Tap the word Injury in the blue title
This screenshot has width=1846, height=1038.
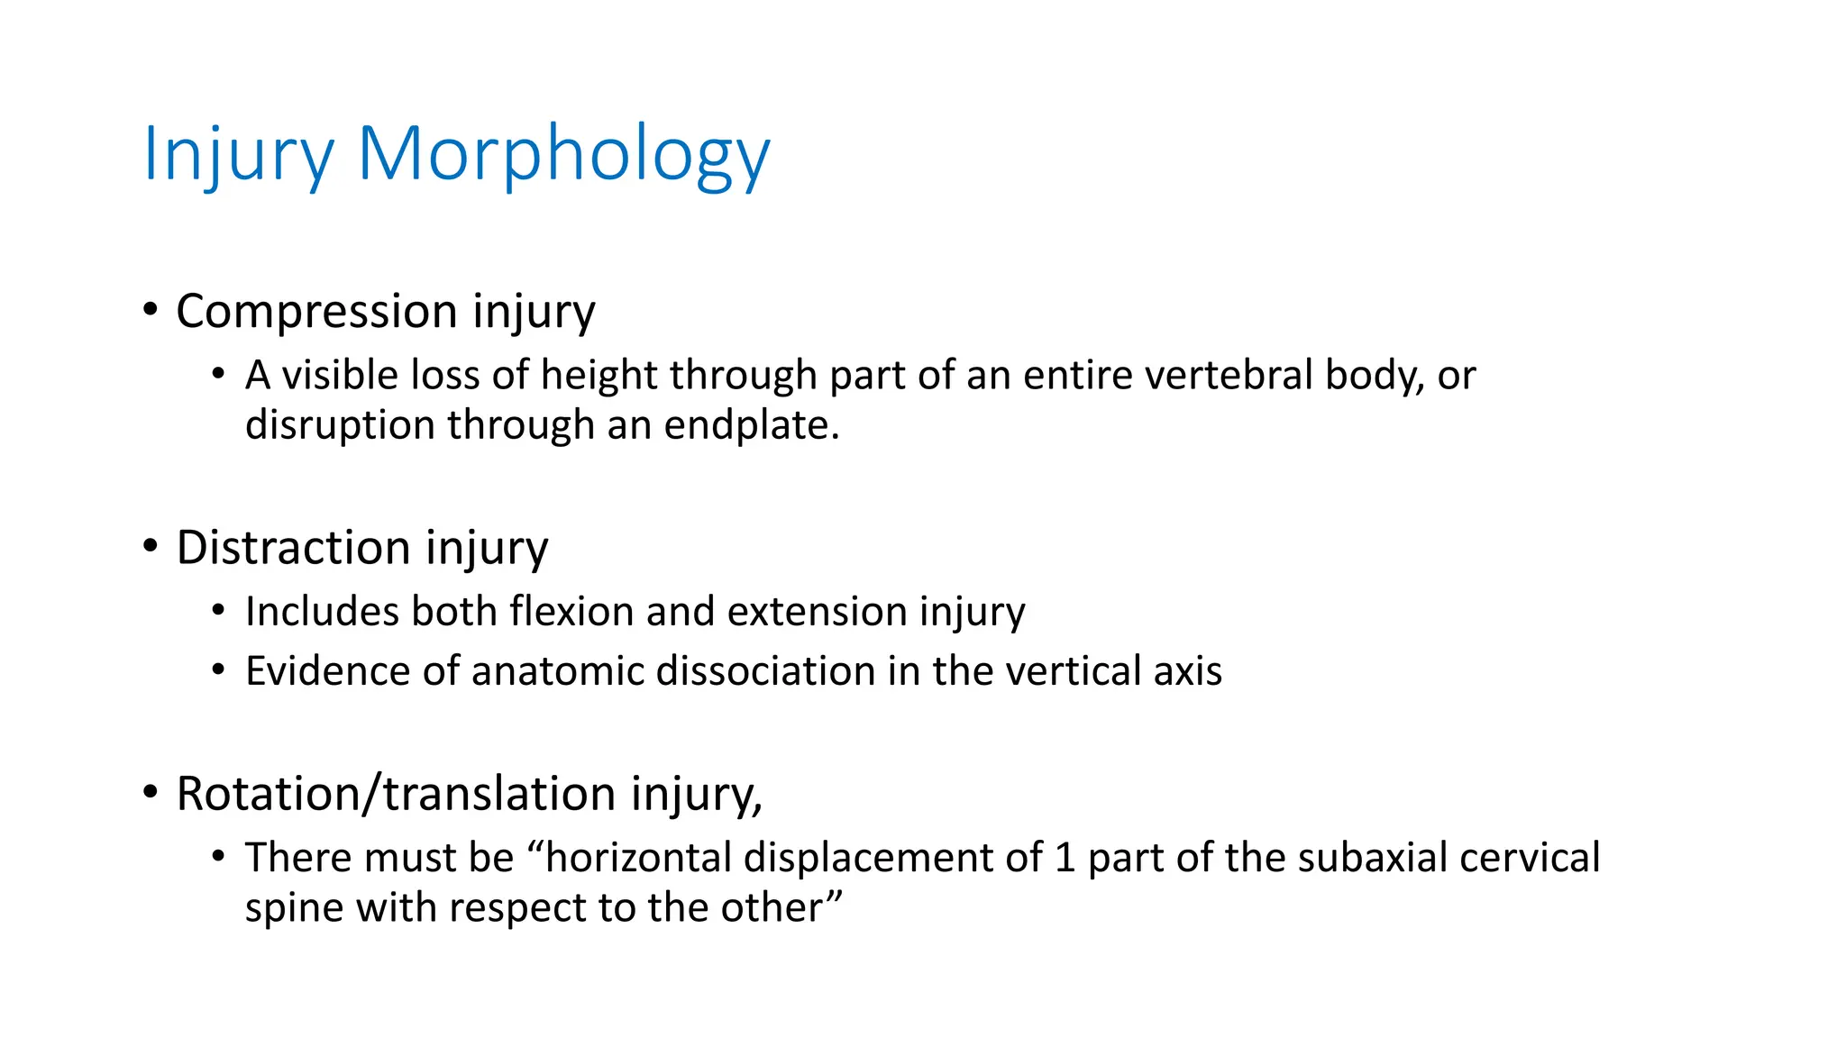coord(238,155)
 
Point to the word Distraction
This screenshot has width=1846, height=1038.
coord(294,548)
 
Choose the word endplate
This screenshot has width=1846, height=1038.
coord(752,425)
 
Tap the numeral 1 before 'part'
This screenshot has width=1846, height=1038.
coord(1065,858)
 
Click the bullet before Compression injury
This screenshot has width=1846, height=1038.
coord(151,311)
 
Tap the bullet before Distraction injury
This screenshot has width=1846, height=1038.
coord(151,547)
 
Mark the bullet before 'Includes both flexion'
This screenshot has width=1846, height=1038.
coord(218,611)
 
